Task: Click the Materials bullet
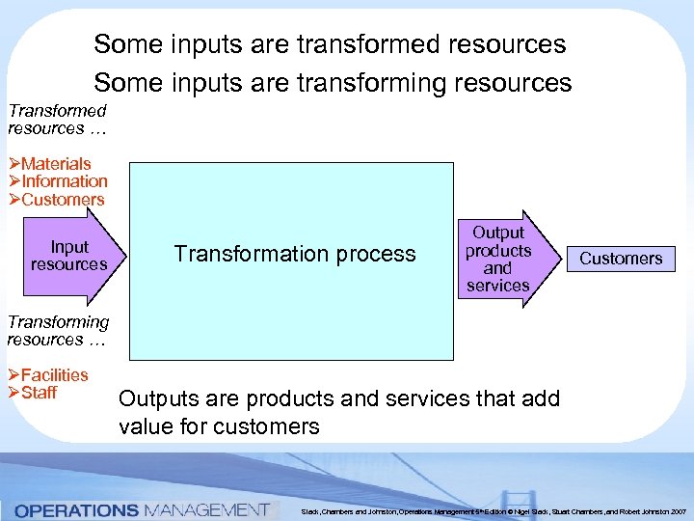tap(55, 164)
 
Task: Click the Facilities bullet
tap(54, 375)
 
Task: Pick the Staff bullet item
tap(39, 393)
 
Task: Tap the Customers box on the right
tap(621, 259)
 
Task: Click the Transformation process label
tap(294, 254)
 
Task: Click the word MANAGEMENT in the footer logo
tap(205, 509)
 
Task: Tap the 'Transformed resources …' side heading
tap(56, 120)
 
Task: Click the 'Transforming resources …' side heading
tap(58, 331)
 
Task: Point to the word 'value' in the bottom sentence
tap(147, 426)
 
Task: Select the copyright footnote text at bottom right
tap(493, 510)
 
